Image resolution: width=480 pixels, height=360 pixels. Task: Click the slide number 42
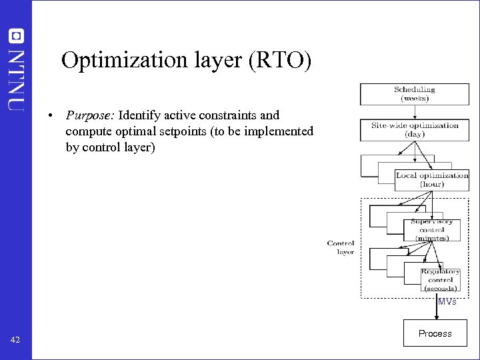point(16,341)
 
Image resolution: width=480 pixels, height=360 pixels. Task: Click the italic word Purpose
point(90,115)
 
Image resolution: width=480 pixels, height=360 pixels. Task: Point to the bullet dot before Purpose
point(51,116)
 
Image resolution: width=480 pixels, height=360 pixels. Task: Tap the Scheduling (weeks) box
point(414,94)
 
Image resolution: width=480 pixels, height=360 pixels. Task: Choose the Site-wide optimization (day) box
point(414,129)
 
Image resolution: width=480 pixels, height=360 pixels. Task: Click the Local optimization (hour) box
point(431,179)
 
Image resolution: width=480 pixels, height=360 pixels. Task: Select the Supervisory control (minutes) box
point(431,230)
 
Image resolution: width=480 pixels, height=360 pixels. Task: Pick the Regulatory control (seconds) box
point(440,280)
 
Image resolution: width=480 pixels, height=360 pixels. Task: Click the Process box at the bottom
point(435,333)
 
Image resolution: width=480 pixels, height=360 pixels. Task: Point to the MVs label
point(447,302)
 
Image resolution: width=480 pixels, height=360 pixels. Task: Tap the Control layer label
point(341,247)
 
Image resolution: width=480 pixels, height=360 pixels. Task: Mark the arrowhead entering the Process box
point(437,318)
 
